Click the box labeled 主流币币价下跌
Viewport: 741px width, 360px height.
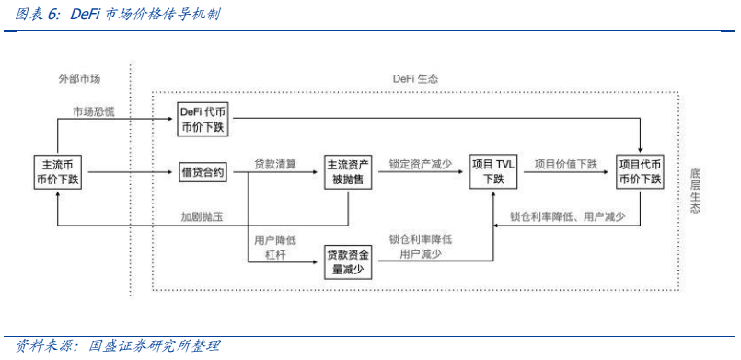[x=58, y=172]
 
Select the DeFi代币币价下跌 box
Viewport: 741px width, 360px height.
[x=202, y=120]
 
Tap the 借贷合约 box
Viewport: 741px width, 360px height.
[x=202, y=172]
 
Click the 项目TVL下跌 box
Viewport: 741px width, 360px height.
[x=493, y=172]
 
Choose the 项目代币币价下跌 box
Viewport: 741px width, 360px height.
[x=641, y=172]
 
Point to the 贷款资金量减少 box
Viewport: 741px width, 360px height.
[x=347, y=261]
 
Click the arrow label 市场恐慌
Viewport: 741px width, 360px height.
[x=95, y=111]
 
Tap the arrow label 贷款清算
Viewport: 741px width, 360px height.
[x=275, y=164]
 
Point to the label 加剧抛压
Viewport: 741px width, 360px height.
[x=203, y=217]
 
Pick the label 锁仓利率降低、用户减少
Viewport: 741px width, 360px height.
[x=568, y=217]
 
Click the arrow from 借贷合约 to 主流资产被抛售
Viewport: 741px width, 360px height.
[x=285, y=172]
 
